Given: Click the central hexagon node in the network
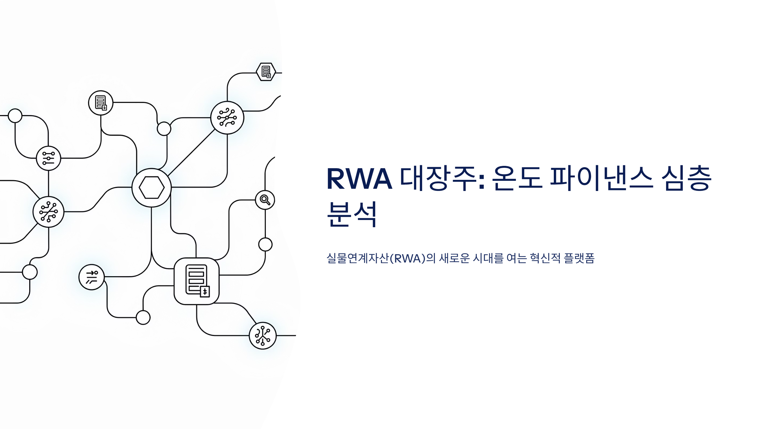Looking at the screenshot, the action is tap(152, 187).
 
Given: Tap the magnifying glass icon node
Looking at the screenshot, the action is tap(265, 200).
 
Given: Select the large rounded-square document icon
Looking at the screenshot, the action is tap(196, 281).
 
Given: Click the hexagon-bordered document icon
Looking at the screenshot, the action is tap(266, 72).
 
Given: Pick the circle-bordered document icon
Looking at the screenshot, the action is tap(101, 103).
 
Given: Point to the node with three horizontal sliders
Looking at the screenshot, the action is tap(48, 158).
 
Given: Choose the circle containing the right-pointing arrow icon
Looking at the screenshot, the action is tap(92, 277).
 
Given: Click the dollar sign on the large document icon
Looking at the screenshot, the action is tap(205, 291).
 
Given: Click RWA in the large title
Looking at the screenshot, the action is tap(359, 179).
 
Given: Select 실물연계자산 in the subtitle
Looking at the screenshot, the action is tap(358, 258).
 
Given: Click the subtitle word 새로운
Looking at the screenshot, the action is tap(454, 258).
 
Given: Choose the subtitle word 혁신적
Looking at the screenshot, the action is tap(545, 258).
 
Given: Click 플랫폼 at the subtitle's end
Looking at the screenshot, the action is tap(579, 258).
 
